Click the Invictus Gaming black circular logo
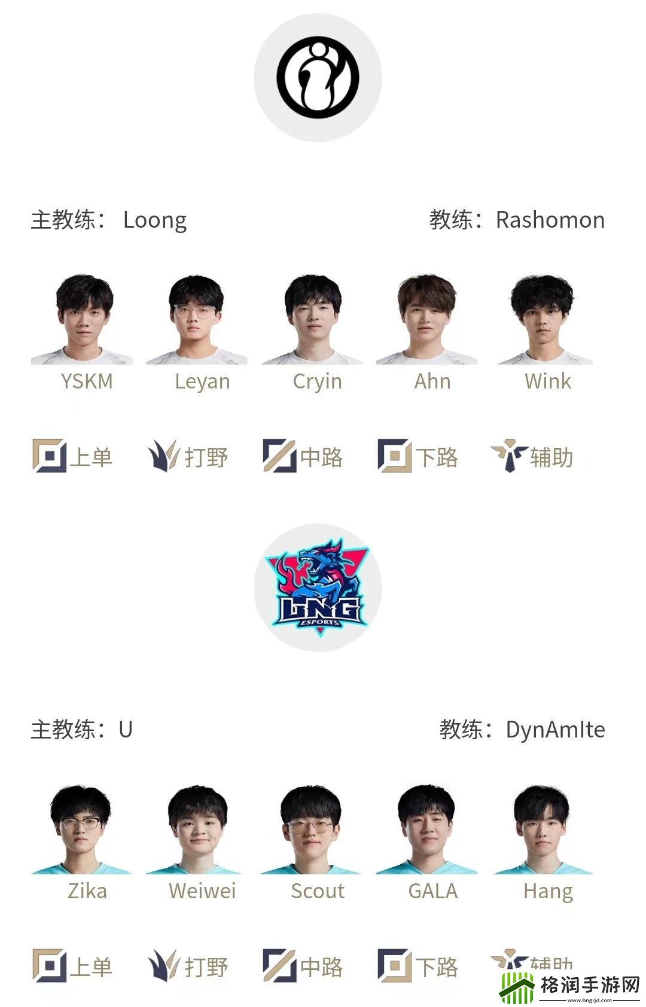tap(318, 77)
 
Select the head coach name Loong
tap(155, 220)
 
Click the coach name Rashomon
tap(550, 220)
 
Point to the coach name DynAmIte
tap(555, 730)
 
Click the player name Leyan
tap(202, 381)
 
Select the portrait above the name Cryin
tap(313, 319)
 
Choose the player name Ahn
tap(432, 381)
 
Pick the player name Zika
tap(87, 891)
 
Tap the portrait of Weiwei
tap(197, 830)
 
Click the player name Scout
tap(318, 891)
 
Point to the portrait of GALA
tap(426, 830)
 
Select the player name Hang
tap(548, 891)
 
